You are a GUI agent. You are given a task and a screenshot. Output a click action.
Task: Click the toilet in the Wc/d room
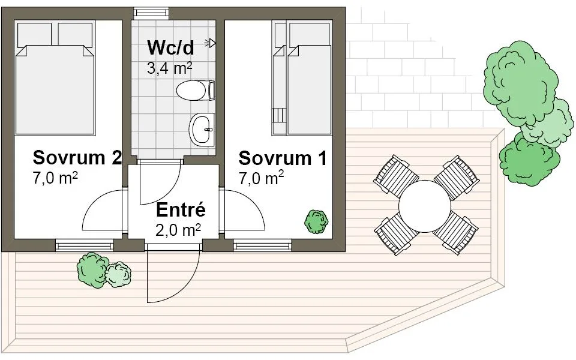coord(195,91)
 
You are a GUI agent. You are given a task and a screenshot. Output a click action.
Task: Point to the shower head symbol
coord(211,43)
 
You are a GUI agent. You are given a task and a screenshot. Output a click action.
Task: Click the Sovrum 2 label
coord(77,158)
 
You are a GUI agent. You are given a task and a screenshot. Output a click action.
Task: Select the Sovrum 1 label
coord(283,158)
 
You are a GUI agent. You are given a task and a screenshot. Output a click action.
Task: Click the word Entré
coord(181,210)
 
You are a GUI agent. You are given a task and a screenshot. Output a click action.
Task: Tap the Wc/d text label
coord(170,47)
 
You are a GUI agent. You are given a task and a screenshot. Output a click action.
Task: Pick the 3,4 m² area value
coord(170,68)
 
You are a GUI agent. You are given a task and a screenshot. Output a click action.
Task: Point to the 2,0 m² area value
coord(178,230)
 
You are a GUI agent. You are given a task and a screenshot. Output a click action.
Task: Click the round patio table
coord(425,206)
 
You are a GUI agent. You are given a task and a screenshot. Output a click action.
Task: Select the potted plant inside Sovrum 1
coord(316,222)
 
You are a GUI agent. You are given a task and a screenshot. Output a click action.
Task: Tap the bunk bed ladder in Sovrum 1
coord(279,116)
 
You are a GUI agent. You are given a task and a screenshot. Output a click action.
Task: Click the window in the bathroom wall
coord(151,13)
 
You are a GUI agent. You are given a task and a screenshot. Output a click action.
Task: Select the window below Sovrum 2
coord(84,245)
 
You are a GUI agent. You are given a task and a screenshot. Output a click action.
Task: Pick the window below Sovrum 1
coord(262,245)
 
